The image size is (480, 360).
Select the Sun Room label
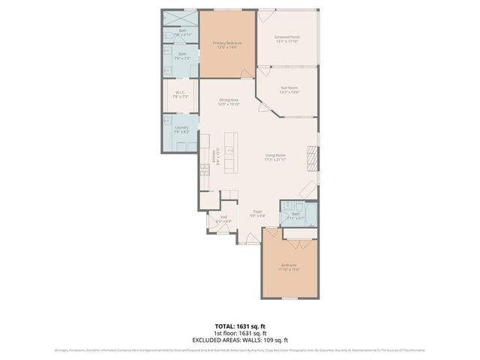tap(289, 90)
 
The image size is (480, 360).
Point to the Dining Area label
tap(228, 102)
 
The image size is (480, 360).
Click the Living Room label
tap(276, 157)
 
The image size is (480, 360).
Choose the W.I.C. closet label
tap(181, 94)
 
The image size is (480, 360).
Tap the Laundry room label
tap(181, 130)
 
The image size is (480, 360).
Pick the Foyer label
tap(257, 214)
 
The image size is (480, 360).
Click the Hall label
tap(223, 220)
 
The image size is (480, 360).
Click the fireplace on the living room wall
tap(315, 157)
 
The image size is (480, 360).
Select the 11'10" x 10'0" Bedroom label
tap(289, 267)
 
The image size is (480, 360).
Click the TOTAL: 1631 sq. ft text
tap(239, 327)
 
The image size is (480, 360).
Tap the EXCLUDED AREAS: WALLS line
tap(239, 339)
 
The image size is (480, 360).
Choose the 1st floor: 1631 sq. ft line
tap(239, 333)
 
